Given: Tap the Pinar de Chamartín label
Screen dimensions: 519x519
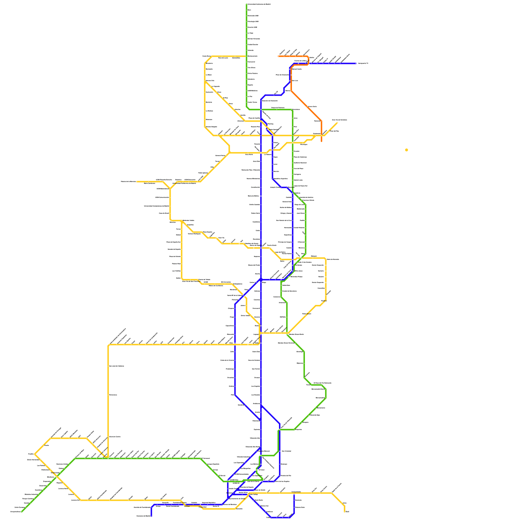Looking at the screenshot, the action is pyautogui.click(x=282, y=75).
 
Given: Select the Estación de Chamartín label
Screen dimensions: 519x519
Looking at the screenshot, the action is pyautogui.click(x=270, y=101).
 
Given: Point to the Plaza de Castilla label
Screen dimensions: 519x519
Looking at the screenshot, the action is pyautogui.click(x=254, y=118).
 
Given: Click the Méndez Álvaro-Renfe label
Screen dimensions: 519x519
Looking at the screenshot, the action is pyautogui.click(x=296, y=334).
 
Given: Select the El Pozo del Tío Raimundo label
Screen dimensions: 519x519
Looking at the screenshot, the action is pyautogui.click(x=322, y=383).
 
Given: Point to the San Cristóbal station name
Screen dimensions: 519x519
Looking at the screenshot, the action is pyautogui.click(x=286, y=451).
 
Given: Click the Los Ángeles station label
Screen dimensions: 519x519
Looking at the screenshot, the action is pyautogui.click(x=256, y=386).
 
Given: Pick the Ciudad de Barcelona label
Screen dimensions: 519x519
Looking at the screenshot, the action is pyautogui.click(x=289, y=291).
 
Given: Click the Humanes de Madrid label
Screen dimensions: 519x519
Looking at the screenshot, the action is pyautogui.click(x=144, y=516).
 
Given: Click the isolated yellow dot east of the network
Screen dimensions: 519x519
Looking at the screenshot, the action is pyautogui.click(x=406, y=150).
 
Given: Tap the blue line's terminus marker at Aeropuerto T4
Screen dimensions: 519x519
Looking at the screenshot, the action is pyautogui.click(x=356, y=64).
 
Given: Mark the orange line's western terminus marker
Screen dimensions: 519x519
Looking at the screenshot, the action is pyautogui.click(x=278, y=56).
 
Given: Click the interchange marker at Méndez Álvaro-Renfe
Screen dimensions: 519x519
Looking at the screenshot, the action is pyautogui.click(x=287, y=333).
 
